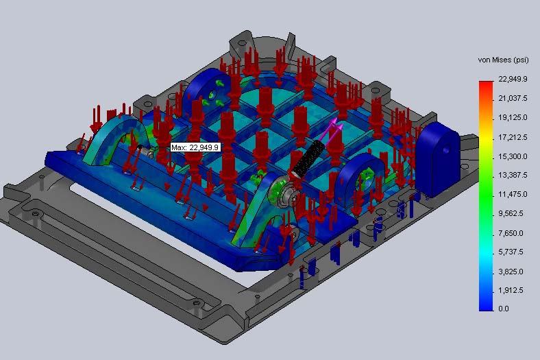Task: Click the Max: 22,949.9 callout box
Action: [x=195, y=147]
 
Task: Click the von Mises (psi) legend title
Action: [x=503, y=60]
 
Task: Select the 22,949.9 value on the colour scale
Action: [x=513, y=79]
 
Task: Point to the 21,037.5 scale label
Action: [x=513, y=99]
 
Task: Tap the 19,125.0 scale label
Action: [x=513, y=118]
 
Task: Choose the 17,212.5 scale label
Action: [x=513, y=137]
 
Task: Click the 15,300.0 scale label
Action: [x=513, y=156]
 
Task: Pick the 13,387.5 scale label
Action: [x=513, y=175]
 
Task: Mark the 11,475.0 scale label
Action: [x=513, y=194]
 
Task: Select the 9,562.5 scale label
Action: [x=511, y=213]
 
